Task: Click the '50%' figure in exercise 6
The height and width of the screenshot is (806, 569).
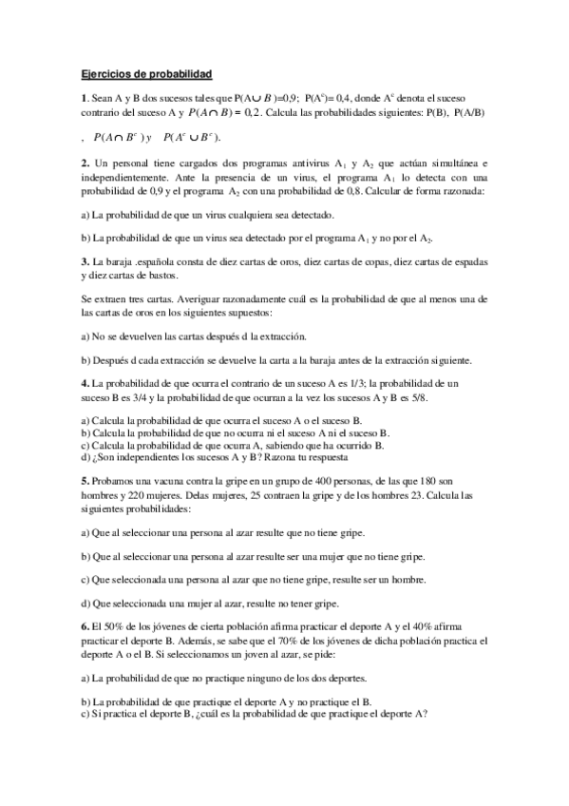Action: click(x=116, y=628)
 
